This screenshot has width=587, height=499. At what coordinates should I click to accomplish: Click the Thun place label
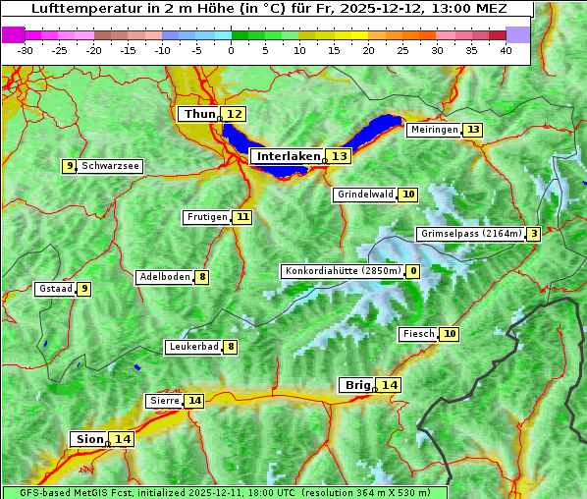tap(198, 115)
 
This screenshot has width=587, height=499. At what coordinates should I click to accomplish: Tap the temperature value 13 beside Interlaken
tap(339, 156)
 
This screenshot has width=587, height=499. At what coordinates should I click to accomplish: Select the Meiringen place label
tap(434, 130)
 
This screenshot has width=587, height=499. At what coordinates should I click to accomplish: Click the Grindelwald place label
tap(364, 194)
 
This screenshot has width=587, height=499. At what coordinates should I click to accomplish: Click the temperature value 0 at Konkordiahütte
tap(413, 271)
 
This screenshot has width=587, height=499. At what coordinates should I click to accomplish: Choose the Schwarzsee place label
tap(110, 166)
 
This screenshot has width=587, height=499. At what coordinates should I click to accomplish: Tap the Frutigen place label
tap(206, 217)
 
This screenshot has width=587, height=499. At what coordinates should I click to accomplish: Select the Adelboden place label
tap(164, 277)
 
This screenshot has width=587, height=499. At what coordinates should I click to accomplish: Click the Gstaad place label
tap(55, 289)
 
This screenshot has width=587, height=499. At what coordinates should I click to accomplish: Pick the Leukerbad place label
tap(192, 347)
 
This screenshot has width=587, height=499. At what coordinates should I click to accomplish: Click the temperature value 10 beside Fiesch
tap(450, 334)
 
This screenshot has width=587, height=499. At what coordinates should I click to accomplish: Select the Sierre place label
tap(164, 401)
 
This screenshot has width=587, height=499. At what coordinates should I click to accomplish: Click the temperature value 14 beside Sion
tap(122, 439)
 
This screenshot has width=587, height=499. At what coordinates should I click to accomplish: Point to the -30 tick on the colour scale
tap(26, 49)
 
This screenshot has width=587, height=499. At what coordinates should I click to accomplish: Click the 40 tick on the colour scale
tap(506, 49)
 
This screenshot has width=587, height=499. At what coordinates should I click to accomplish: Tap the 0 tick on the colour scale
tap(232, 49)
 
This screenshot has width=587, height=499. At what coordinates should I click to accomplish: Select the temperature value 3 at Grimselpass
tap(533, 234)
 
